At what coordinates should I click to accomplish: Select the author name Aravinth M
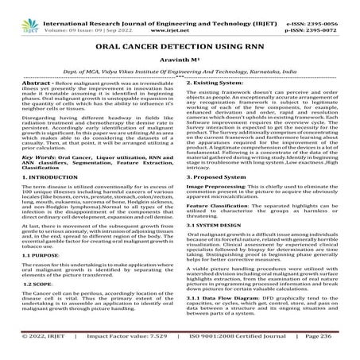click(x=180, y=60)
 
